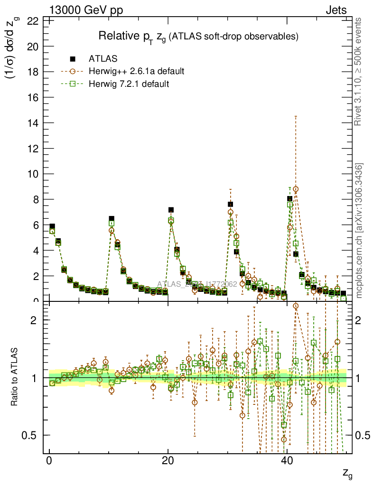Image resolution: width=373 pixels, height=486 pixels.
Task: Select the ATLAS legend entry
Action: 103,59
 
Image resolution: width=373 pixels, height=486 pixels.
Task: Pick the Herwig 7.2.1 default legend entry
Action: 129,84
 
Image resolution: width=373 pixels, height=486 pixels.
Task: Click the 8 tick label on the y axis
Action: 36,199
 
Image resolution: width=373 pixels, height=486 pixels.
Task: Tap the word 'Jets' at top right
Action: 336,10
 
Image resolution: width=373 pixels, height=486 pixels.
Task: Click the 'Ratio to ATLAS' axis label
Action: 15,378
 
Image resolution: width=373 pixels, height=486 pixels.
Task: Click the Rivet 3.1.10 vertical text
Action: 359,71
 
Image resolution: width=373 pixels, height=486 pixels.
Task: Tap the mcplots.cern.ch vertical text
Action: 359,231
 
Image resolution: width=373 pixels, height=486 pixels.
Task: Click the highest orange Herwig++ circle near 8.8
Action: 296,189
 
